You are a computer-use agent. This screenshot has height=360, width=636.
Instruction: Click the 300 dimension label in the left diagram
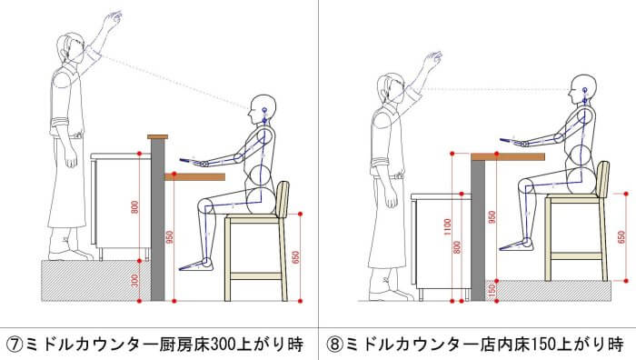click(x=135, y=280)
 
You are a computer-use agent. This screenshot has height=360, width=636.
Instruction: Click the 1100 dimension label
click(x=447, y=227)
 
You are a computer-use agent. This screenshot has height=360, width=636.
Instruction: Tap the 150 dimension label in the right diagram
click(x=492, y=291)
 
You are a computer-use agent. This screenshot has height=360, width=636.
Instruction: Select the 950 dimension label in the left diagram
click(x=170, y=237)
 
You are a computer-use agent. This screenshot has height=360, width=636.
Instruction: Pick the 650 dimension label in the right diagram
click(x=621, y=237)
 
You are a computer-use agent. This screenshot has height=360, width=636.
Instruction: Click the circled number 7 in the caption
click(x=15, y=345)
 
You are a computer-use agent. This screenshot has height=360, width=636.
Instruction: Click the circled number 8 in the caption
click(x=334, y=345)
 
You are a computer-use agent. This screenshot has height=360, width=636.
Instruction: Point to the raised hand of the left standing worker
click(x=113, y=19)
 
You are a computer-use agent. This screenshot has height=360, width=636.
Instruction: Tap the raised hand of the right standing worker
click(x=433, y=60)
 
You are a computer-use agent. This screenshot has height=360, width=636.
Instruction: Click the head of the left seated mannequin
click(x=263, y=109)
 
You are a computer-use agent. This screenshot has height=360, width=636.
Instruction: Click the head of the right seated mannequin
click(x=583, y=89)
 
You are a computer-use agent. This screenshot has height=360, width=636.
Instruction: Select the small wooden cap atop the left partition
click(x=157, y=136)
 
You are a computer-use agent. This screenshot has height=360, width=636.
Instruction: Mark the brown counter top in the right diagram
click(x=508, y=156)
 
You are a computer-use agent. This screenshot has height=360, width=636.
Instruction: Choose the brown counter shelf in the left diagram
click(x=194, y=177)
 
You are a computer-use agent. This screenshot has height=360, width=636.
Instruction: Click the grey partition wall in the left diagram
click(x=158, y=220)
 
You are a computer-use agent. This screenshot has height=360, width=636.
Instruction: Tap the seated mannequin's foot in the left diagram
click(x=196, y=265)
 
